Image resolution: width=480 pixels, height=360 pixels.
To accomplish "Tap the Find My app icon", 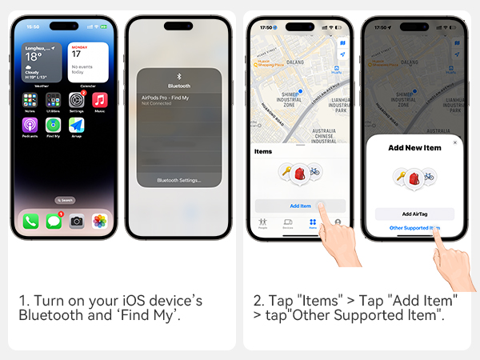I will [x=54, y=125].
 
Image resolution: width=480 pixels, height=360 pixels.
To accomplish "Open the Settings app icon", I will [x=77, y=100].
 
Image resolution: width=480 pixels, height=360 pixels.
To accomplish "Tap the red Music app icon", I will [x=100, y=100].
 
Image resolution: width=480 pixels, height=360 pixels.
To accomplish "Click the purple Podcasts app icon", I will [x=30, y=125].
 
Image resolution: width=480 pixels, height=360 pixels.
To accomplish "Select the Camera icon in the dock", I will [x=77, y=220].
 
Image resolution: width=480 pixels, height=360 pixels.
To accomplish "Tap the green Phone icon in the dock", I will [x=30, y=220].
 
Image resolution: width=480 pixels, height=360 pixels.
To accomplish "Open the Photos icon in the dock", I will [x=100, y=220].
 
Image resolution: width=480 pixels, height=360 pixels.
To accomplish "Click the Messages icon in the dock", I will [x=54, y=220].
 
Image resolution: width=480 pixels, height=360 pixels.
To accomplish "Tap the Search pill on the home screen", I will [x=65, y=199].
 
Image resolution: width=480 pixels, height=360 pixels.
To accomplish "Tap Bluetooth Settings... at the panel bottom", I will [x=179, y=180].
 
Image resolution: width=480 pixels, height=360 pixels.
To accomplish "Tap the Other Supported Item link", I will [x=414, y=228].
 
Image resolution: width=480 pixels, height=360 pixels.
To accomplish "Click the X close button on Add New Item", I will [x=455, y=142].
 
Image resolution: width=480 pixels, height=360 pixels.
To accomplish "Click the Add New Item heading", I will [x=414, y=149].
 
